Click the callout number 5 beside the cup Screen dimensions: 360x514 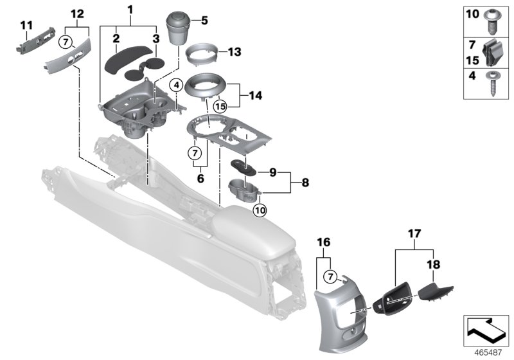pyautogui.click(x=205, y=21)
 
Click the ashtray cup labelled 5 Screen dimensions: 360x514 pyautogui.click(x=181, y=28)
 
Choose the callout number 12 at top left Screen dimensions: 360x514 pyautogui.click(x=76, y=14)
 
